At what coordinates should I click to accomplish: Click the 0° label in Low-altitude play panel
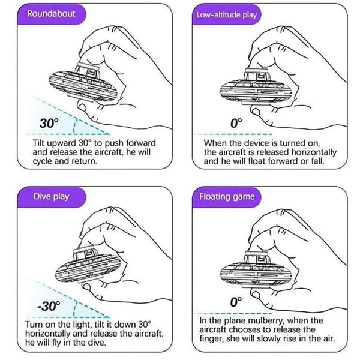236,122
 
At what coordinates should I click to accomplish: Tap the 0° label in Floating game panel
236,305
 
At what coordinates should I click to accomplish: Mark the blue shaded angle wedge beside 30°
84,124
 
